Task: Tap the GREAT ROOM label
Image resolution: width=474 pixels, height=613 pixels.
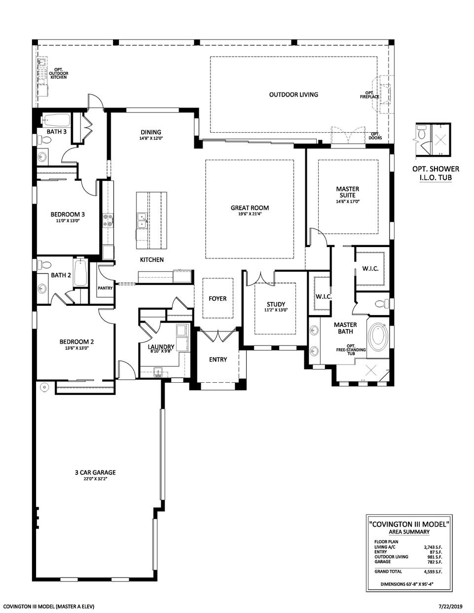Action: (250, 208)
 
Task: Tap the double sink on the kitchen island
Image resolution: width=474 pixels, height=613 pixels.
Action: (141, 220)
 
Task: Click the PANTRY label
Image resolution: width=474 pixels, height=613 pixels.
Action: (106, 288)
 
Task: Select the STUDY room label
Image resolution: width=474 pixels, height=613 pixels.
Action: (275, 304)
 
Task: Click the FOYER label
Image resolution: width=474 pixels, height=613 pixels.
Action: (217, 298)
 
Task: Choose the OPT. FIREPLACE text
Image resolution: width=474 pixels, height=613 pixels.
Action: (369, 95)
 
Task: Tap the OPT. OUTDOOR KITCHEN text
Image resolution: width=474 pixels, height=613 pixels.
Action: (58, 73)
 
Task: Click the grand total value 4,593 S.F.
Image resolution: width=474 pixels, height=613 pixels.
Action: (433, 572)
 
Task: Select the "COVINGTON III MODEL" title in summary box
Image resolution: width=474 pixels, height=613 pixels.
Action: (409, 525)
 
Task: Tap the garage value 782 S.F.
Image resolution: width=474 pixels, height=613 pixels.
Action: (434, 562)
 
